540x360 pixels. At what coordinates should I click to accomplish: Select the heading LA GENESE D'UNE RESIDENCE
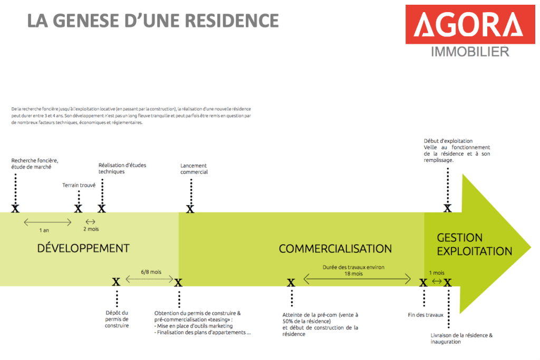tap(153, 21)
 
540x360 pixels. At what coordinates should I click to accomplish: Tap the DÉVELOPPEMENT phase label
tap(83, 248)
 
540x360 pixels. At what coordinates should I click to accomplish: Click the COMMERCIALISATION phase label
tap(335, 249)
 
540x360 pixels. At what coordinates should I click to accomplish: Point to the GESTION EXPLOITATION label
tap(474, 245)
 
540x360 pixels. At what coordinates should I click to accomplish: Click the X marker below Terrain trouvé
tap(78, 209)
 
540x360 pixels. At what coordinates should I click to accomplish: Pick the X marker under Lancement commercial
tap(190, 209)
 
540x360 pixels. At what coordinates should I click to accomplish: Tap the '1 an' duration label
tap(44, 230)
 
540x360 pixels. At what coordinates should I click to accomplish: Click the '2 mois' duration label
tap(91, 229)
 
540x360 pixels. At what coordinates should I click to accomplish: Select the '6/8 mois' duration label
tap(151, 272)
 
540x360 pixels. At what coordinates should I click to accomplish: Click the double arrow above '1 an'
tap(47, 222)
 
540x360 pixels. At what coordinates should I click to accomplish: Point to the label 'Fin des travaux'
tap(426, 315)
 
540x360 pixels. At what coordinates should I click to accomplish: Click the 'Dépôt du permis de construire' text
tap(117, 319)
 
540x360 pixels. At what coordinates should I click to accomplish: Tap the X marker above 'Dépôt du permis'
tap(116, 282)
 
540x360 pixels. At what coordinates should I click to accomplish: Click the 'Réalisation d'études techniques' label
tap(122, 168)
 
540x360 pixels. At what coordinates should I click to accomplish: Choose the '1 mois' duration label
tap(436, 273)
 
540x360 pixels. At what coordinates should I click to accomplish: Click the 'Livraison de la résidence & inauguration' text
tap(461, 338)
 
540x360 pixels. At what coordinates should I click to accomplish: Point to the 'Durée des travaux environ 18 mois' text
tap(353, 270)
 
